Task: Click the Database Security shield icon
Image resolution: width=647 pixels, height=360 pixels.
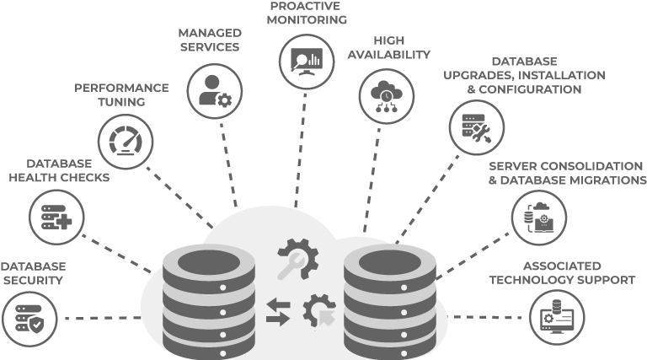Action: point(29,320)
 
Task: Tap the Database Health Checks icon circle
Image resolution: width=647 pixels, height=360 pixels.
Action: point(56,218)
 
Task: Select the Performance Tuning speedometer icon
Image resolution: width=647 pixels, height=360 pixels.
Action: point(126,142)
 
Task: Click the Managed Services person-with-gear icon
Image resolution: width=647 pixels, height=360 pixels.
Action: point(214,91)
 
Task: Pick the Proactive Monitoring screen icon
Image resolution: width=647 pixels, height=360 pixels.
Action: point(307,62)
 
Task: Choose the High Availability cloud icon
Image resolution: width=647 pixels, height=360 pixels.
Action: point(387,96)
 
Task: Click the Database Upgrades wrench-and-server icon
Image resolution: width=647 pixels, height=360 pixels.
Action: point(476,127)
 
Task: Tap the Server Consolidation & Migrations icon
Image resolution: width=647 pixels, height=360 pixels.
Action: point(539,218)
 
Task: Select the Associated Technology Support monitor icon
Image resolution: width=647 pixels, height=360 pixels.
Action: point(557,317)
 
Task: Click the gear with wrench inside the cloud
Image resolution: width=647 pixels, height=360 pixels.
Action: point(297,258)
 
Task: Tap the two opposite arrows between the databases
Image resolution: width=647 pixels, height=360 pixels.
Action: point(278,311)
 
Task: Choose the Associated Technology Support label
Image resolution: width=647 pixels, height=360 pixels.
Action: point(562,271)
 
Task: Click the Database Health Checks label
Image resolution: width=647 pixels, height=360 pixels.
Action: point(59,170)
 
